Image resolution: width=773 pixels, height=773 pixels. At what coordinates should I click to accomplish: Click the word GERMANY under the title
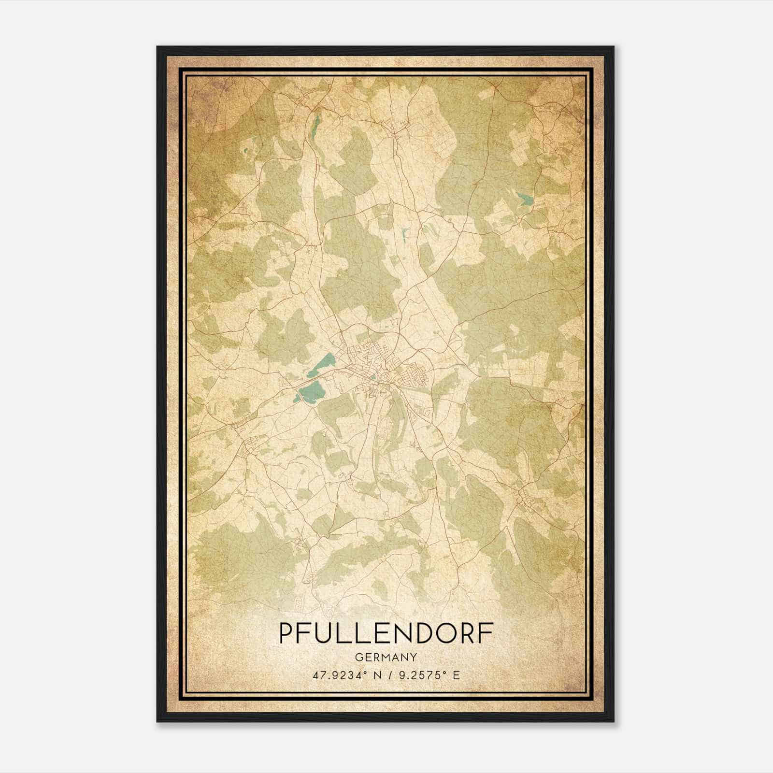(386, 657)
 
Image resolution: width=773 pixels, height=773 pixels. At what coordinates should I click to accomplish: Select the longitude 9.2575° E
(428, 675)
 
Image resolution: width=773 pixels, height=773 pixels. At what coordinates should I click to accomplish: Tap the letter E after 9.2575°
(456, 675)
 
